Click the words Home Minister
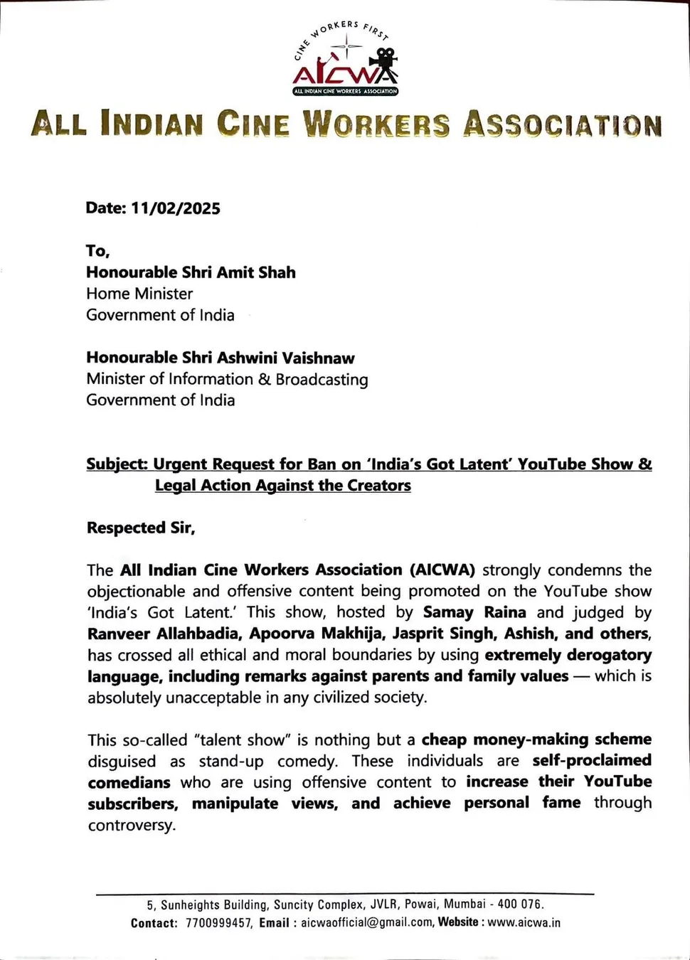coord(139,294)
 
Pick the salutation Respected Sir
coord(141,528)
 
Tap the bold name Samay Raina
coord(474,612)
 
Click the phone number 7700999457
coord(218,923)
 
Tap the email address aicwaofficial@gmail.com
coord(366,923)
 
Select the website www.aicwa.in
coord(524,923)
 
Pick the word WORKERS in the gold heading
coord(376,124)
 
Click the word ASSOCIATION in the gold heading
coord(563,124)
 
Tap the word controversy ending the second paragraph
coord(131,826)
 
